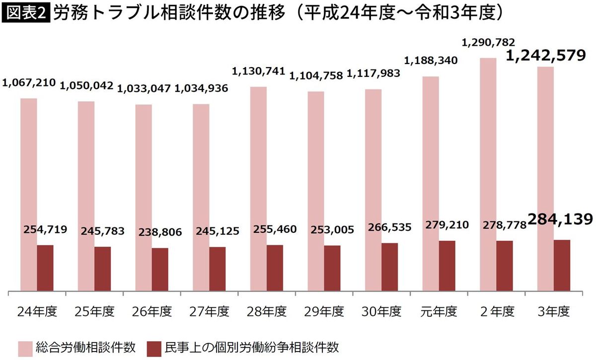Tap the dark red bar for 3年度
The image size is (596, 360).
(x=562, y=266)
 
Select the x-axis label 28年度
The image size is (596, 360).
(x=267, y=312)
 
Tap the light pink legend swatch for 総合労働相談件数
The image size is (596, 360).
(x=26, y=347)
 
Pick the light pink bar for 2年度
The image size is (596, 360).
(x=488, y=174)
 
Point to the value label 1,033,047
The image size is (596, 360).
(x=144, y=89)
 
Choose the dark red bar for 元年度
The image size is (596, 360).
(x=447, y=266)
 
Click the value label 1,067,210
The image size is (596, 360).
(x=29, y=82)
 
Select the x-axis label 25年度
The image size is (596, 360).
(x=95, y=312)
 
